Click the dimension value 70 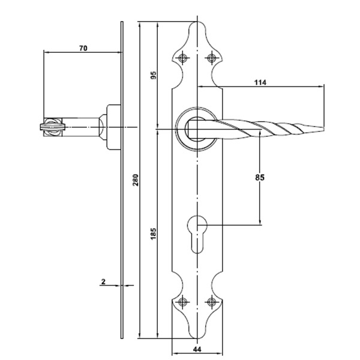click(x=83, y=47)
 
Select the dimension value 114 click(x=259, y=82)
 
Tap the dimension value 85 click(x=260, y=178)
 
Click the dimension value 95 click(x=154, y=76)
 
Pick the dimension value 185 click(x=154, y=232)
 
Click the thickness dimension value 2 click(x=104, y=281)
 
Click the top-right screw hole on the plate click(x=211, y=58)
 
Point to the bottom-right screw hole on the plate click(x=211, y=302)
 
